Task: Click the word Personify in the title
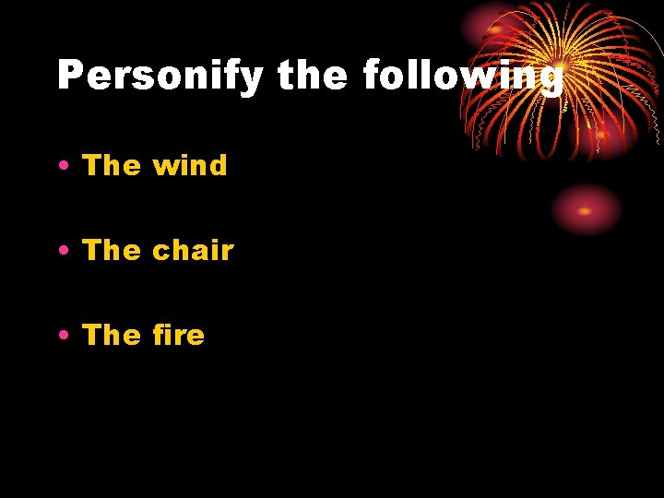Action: point(160,76)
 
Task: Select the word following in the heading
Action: point(462,76)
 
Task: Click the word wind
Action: point(190,166)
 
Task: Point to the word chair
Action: point(193,250)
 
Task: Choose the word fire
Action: point(179,334)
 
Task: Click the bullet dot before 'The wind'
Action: point(63,167)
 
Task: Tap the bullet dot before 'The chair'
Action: point(63,251)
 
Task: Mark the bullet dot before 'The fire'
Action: point(63,335)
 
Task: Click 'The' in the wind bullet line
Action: point(113,166)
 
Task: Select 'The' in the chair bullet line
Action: point(113,250)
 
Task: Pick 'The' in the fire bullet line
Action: point(113,334)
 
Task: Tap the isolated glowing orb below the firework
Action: point(586,209)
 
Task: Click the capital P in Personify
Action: point(70,76)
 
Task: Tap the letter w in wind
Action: point(166,167)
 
